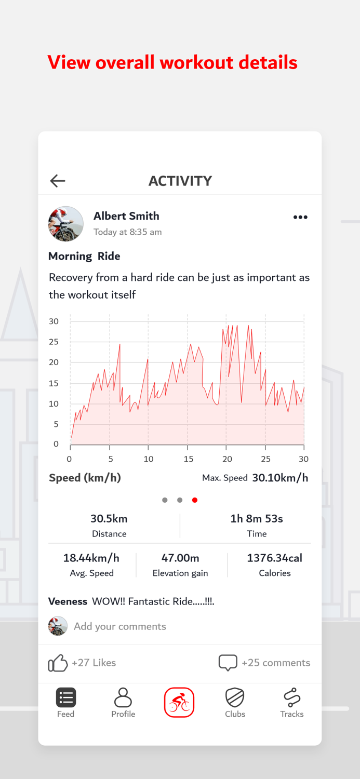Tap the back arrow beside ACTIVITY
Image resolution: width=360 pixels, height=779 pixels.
[x=58, y=181]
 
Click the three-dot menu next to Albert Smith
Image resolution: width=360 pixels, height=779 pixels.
[x=300, y=217]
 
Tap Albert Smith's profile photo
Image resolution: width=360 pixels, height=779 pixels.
[x=66, y=224]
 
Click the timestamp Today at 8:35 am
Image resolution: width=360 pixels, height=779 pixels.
[x=127, y=232]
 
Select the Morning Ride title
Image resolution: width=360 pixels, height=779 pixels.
[x=84, y=256]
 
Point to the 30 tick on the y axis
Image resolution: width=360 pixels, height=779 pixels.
[x=54, y=321]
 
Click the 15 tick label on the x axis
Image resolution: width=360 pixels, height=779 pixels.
[x=188, y=459]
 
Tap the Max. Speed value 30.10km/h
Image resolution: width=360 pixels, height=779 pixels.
[x=280, y=478]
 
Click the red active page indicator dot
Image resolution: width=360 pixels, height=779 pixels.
[x=195, y=500]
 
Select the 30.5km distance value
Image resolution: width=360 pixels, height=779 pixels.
[x=109, y=519]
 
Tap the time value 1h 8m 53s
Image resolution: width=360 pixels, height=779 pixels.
[x=257, y=519]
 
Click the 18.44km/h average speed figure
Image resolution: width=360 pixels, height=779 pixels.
[x=91, y=558]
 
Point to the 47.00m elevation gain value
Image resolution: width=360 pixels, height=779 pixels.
[x=180, y=558]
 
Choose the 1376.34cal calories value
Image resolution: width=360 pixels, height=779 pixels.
[x=274, y=558]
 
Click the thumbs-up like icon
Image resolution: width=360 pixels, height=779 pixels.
[x=58, y=663]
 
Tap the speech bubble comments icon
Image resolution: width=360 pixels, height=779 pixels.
[x=228, y=663]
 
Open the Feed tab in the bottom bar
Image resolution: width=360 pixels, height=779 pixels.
[x=66, y=702]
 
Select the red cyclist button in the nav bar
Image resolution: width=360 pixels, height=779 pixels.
[x=179, y=702]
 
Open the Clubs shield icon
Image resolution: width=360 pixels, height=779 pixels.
[x=235, y=702]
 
